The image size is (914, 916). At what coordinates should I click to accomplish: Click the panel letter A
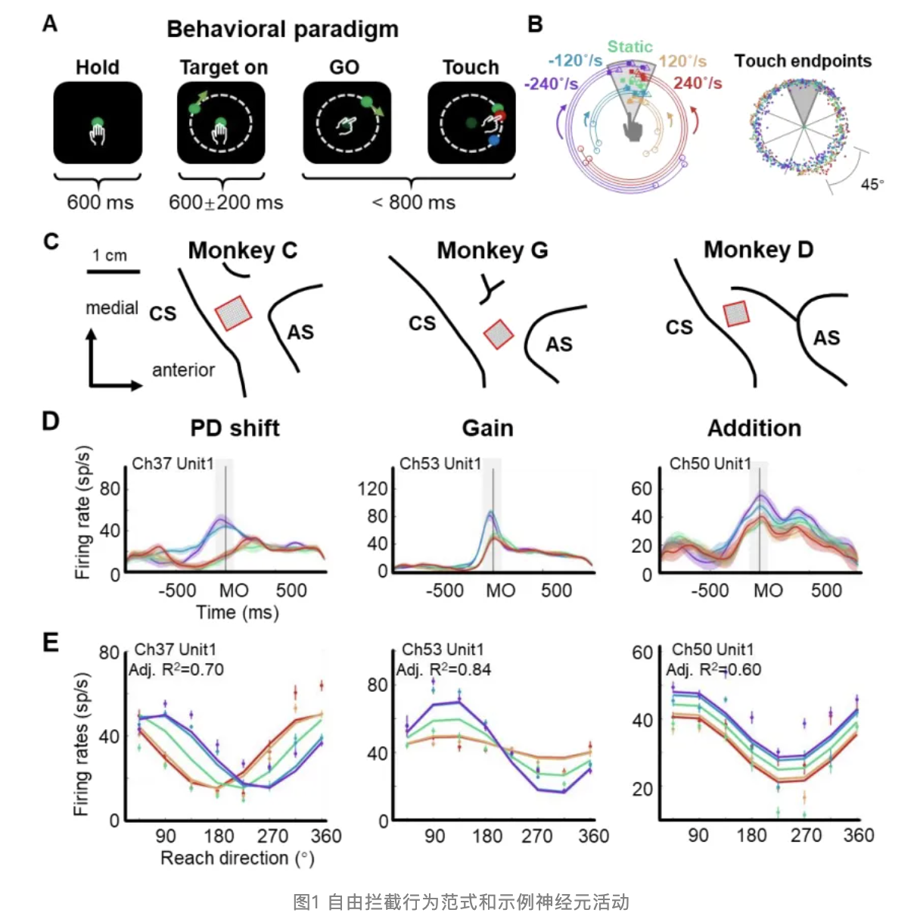point(50,24)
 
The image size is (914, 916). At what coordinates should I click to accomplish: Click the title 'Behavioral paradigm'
point(282,29)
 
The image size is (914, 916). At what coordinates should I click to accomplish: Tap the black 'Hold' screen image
point(98,123)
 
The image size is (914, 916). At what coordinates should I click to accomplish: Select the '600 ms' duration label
point(100,203)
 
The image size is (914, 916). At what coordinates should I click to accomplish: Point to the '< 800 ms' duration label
point(413,203)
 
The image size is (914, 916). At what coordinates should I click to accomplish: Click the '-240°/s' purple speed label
point(551,83)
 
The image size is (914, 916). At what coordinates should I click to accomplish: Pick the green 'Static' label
point(630,47)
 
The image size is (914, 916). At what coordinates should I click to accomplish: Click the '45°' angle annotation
point(872,184)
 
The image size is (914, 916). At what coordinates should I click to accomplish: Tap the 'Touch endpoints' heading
point(803,61)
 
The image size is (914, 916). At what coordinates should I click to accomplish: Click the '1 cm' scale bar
point(113,270)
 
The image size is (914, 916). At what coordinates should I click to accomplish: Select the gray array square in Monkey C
point(233,313)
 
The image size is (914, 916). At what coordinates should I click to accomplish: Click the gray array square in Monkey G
point(499,334)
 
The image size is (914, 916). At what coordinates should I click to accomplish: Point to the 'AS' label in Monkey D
point(826,338)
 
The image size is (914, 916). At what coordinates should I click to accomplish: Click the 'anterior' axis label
point(183,370)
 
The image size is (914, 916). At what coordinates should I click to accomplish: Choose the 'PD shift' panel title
point(235,428)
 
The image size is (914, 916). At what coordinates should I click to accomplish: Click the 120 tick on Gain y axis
point(372,488)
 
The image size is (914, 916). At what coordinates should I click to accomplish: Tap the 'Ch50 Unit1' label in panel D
point(710,463)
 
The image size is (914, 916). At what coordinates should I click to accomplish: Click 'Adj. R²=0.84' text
point(443,669)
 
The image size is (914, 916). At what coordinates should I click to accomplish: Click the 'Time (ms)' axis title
point(238,612)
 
